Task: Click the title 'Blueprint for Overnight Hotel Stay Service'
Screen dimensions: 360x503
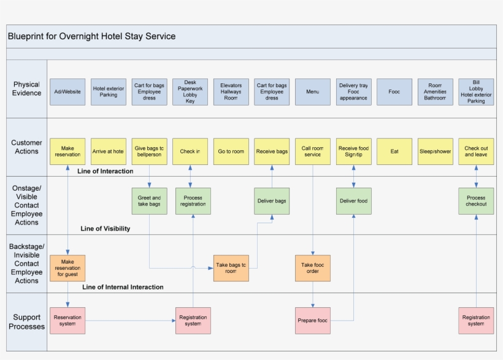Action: pyautogui.click(x=92, y=36)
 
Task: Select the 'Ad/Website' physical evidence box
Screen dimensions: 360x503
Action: pyautogui.click(x=67, y=92)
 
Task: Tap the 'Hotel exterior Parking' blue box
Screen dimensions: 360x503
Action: pyautogui.click(x=109, y=92)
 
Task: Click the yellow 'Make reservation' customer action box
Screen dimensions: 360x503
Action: pyautogui.click(x=67, y=151)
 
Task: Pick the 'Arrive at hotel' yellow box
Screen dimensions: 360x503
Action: pyautogui.click(x=109, y=151)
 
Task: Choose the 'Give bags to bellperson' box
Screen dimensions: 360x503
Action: pyautogui.click(x=149, y=151)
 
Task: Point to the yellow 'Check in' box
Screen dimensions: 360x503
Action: pyautogui.click(x=190, y=151)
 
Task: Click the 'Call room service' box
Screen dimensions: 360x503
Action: pyautogui.click(x=313, y=151)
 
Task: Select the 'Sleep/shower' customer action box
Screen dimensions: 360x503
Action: pyautogui.click(x=435, y=151)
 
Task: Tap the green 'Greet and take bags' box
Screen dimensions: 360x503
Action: pyautogui.click(x=149, y=201)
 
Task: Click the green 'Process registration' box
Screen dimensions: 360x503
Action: pyautogui.click(x=193, y=201)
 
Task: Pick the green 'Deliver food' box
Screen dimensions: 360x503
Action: pyautogui.click(x=354, y=201)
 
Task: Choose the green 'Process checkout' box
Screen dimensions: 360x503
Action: pyautogui.click(x=476, y=201)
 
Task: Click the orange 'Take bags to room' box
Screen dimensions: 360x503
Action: pyautogui.click(x=231, y=268)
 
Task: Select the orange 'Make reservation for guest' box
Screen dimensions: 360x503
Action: pyautogui.click(x=67, y=268)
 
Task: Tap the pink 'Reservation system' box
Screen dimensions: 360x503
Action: pyautogui.click(x=67, y=321)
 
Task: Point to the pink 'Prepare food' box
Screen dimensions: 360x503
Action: pyautogui.click(x=313, y=321)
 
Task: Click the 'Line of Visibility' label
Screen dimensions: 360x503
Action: pyautogui.click(x=106, y=229)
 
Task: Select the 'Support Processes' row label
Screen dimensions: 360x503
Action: pyautogui.click(x=26, y=322)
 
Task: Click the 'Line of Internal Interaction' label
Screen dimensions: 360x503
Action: pyautogui.click(x=123, y=287)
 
